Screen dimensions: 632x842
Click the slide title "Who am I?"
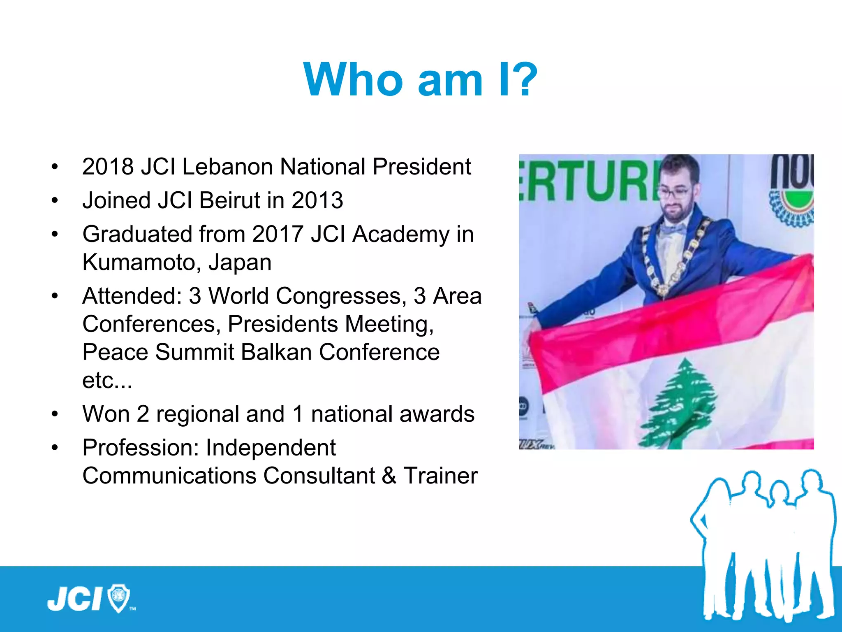pos(420,79)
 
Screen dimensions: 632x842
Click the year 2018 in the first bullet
pos(108,167)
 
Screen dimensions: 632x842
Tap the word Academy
pos(400,235)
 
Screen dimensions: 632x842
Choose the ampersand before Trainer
pos(389,476)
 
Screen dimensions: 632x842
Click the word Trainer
pos(440,476)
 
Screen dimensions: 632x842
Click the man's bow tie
pos(673,229)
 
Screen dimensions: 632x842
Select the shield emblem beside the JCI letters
pos(118,598)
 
